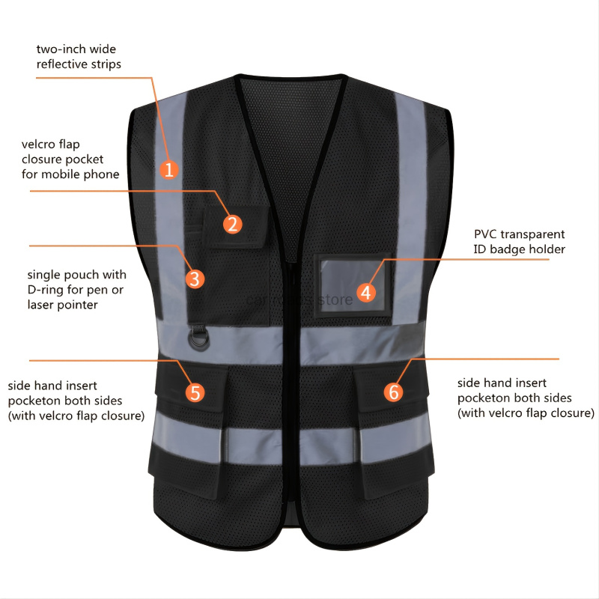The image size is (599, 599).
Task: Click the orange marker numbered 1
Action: (x=169, y=169)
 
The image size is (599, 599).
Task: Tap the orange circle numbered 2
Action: (x=232, y=224)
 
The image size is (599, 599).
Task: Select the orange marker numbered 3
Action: (x=194, y=279)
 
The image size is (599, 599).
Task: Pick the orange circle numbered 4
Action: (x=365, y=292)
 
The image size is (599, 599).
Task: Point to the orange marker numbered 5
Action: (x=195, y=392)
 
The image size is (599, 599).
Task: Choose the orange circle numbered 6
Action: (x=394, y=392)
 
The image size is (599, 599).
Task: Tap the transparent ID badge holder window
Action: (x=352, y=284)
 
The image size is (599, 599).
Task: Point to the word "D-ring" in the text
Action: (x=46, y=290)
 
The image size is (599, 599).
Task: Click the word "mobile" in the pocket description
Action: (x=77, y=174)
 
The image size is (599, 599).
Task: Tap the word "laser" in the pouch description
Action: (x=43, y=305)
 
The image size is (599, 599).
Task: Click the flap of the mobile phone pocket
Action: (x=237, y=224)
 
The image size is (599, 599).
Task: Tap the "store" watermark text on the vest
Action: (x=335, y=299)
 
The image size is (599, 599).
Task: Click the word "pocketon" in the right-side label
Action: (x=482, y=398)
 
